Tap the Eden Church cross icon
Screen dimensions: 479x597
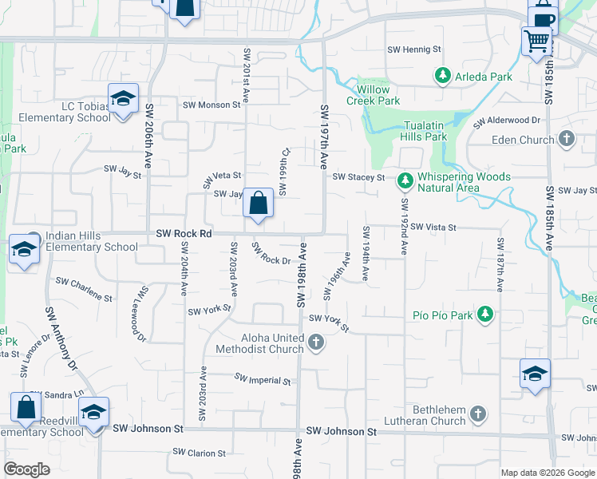tap(567, 140)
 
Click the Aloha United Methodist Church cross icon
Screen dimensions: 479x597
tap(316, 343)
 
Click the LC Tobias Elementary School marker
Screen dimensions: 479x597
tap(123, 99)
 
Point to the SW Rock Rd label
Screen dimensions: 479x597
tap(183, 233)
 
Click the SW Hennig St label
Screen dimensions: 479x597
tap(413, 49)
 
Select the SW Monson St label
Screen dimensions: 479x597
tap(212, 105)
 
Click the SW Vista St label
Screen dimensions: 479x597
tap(433, 228)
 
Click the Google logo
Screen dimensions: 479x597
tap(27, 469)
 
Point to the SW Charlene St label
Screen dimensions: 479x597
tap(84, 290)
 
